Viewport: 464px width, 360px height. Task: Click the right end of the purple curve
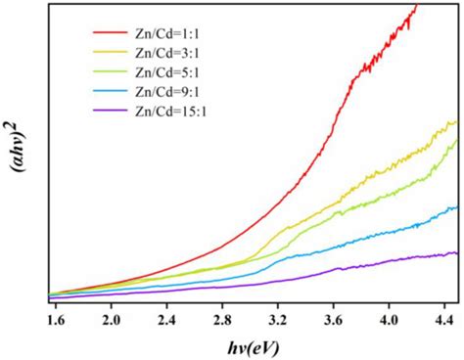point(457,253)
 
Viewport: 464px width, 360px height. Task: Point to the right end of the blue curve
point(457,207)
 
